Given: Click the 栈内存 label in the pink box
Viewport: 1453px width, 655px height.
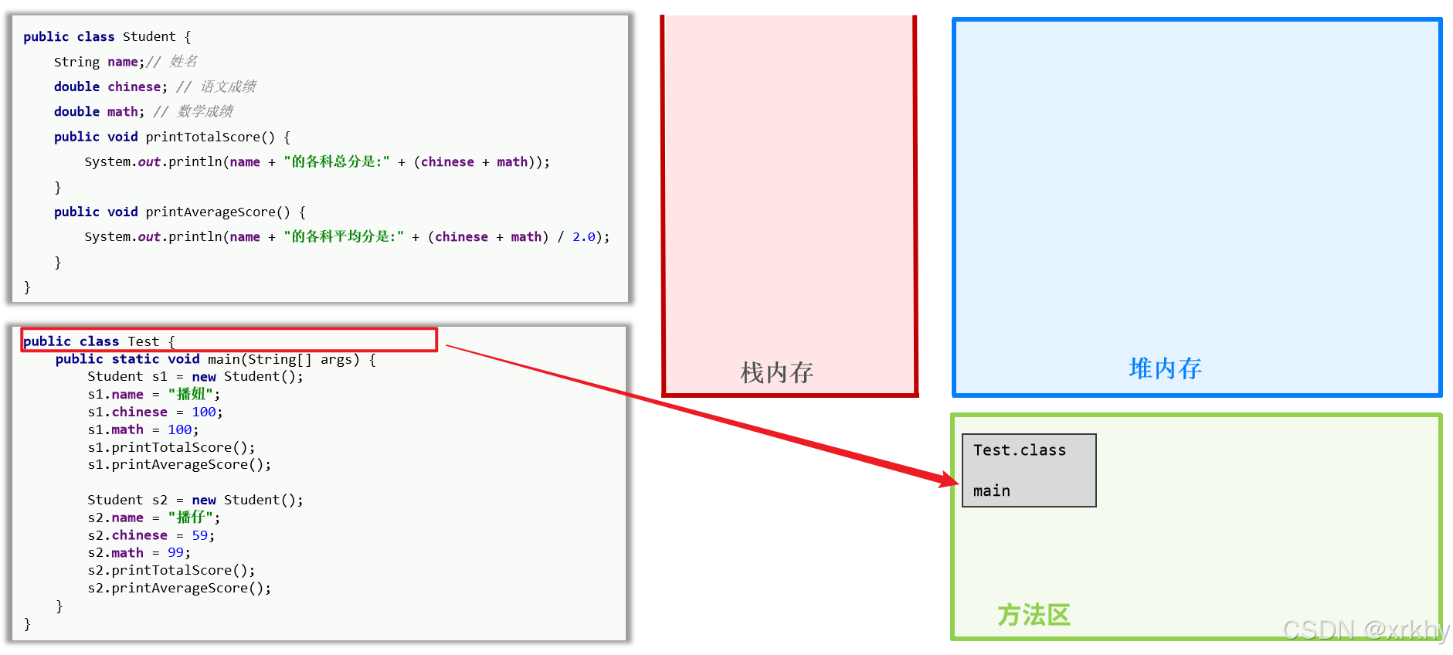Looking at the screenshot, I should (776, 372).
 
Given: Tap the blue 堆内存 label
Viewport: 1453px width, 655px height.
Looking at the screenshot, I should (1165, 368).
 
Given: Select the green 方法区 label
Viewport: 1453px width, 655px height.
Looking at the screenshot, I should (1034, 615).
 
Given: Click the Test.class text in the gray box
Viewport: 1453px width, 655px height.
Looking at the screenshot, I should (1019, 450).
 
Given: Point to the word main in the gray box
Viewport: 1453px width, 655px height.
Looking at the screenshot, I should (991, 491).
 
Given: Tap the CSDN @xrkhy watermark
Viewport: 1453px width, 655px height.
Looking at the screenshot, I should (1366, 630).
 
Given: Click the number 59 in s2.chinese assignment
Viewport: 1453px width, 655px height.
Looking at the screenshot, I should (200, 535).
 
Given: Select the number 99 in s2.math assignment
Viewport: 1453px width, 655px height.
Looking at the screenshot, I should (175, 553).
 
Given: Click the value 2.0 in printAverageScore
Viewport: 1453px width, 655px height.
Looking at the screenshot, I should (583, 237).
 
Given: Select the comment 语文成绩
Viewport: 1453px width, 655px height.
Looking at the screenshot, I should (228, 87).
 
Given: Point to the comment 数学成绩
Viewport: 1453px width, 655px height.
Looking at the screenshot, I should (205, 111).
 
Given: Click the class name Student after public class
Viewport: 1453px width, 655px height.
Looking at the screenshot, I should (148, 36).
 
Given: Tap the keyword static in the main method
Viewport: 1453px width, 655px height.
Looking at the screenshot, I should (135, 359).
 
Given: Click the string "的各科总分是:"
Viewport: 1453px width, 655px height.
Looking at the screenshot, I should (336, 161).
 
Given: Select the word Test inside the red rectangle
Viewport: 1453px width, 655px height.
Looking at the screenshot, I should (143, 341).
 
